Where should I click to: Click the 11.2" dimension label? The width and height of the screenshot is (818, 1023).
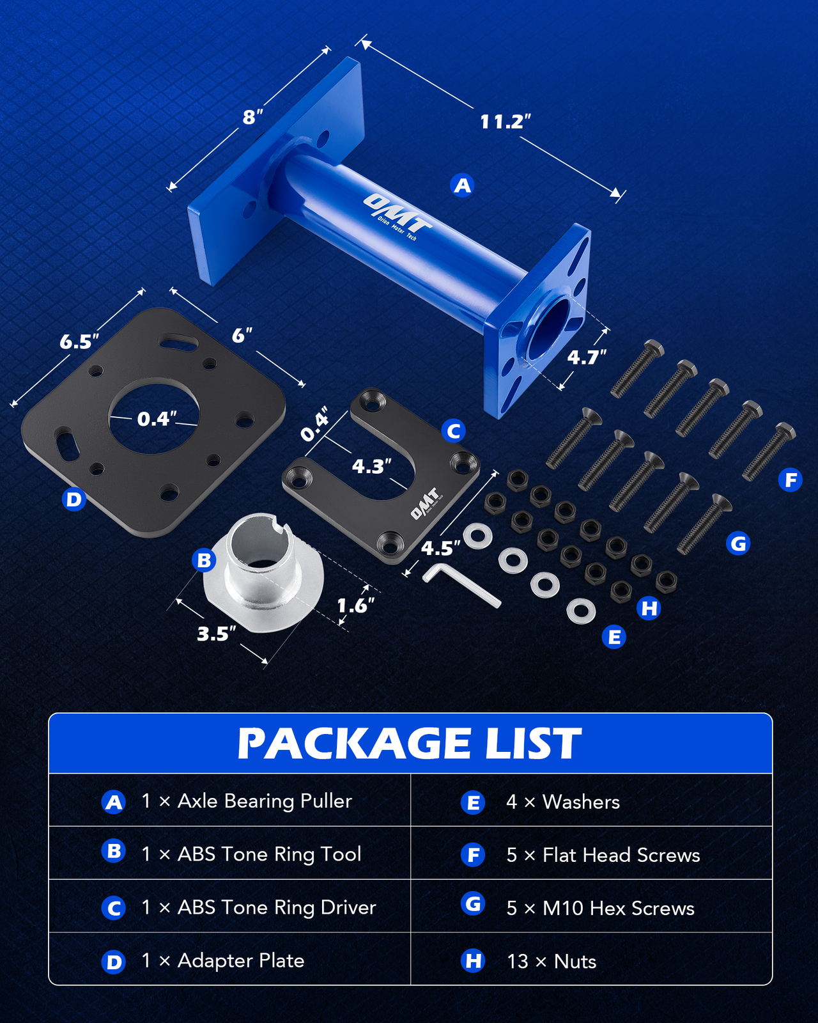[x=505, y=121]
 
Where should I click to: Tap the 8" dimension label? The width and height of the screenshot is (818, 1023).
[x=252, y=118]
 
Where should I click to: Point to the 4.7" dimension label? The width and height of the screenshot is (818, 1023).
[x=587, y=357]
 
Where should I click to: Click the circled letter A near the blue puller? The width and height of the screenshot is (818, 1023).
[x=462, y=185]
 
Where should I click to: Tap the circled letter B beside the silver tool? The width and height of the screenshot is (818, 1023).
[x=204, y=561]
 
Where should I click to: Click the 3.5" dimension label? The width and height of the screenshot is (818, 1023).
[x=216, y=634]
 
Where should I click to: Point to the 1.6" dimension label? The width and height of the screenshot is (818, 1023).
[x=355, y=605]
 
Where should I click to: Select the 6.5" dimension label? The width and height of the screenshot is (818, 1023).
[x=79, y=342]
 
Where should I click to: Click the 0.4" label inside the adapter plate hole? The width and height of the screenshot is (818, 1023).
[x=157, y=419]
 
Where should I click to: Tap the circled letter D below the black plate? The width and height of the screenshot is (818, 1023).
[x=74, y=499]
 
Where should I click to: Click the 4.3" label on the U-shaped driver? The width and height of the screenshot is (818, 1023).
[x=372, y=466]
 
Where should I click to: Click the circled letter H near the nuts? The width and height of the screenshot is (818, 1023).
[x=649, y=608]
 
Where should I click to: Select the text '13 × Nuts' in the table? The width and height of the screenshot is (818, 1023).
[x=551, y=961]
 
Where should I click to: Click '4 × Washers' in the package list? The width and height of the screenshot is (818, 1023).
[x=562, y=802]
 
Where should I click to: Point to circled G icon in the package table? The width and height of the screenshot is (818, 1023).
[x=473, y=904]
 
